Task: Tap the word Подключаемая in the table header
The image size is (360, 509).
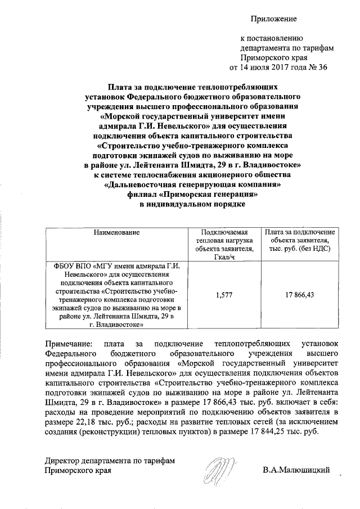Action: [x=224, y=232]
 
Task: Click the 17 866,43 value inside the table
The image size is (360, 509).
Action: [x=300, y=294]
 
